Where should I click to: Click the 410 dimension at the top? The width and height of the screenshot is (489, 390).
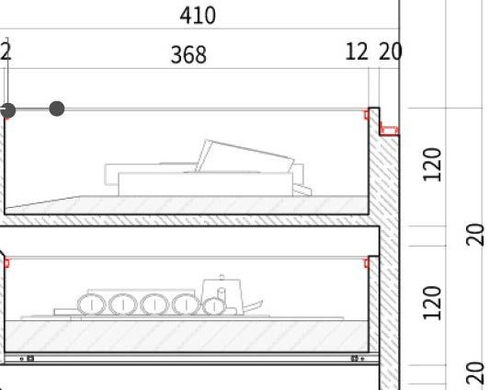[198, 16]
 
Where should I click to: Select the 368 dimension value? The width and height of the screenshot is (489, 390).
[188, 55]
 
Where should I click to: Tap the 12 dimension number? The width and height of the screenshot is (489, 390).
[357, 52]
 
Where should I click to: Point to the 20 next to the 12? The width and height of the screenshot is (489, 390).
[390, 52]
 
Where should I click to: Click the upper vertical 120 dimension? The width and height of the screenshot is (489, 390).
[432, 165]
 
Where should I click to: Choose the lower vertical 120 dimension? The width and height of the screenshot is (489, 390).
[432, 303]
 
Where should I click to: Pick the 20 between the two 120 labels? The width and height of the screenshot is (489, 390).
[476, 235]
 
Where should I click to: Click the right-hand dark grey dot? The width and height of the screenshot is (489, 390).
[57, 109]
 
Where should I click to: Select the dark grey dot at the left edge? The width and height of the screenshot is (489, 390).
[7, 110]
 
